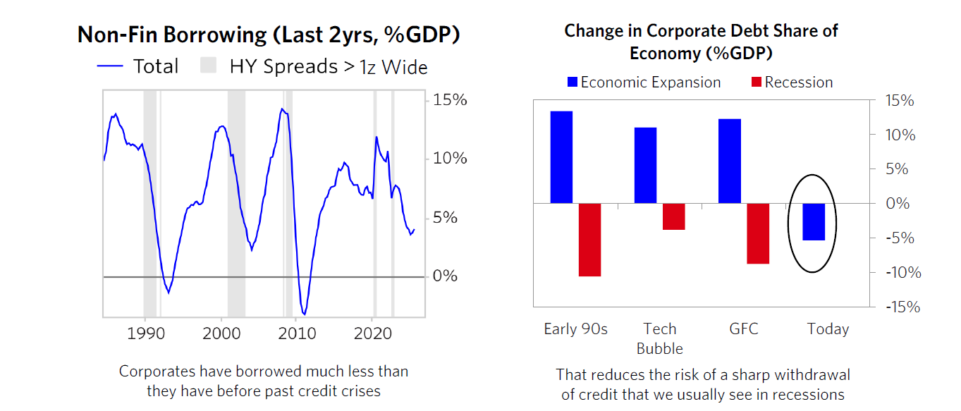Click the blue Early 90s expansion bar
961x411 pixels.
coord(561,157)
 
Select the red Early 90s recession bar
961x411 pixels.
coord(589,240)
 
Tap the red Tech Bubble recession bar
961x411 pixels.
coord(673,216)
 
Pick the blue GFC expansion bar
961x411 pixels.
coord(730,161)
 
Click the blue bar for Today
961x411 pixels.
coord(814,222)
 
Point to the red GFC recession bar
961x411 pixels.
coord(758,233)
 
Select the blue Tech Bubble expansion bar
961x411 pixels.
coord(645,165)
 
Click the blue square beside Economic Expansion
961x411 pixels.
coord(573,82)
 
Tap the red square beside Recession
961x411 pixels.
coord(756,82)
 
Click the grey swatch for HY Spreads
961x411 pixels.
coord(208,66)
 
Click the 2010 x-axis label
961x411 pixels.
coord(297,333)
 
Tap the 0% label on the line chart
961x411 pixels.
coord(444,276)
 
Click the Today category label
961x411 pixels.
coord(828,329)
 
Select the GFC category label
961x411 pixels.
coord(744,329)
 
